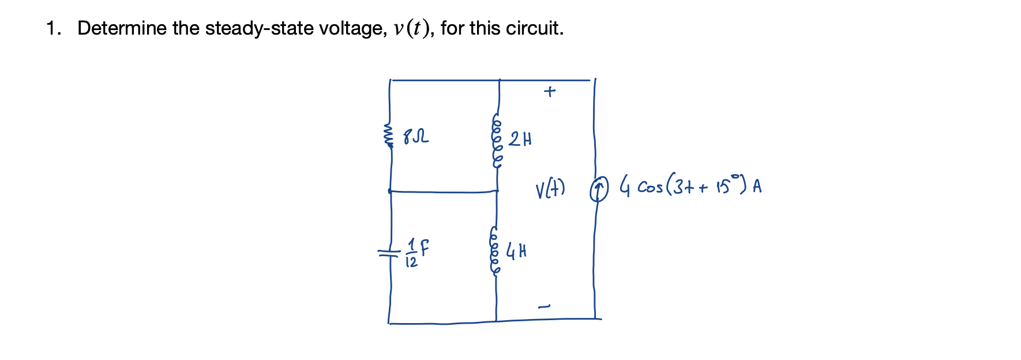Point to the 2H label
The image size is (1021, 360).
520,139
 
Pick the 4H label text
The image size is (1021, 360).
516,251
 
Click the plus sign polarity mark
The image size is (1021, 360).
550,91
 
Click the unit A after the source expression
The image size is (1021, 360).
757,186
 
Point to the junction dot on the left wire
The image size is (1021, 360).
390,190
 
